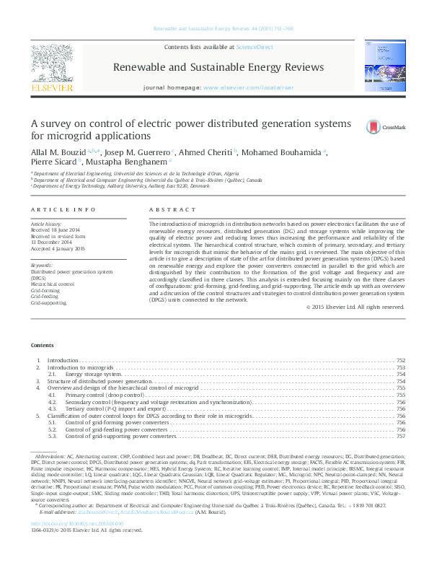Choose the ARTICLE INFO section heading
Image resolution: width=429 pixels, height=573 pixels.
tap(63, 209)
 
